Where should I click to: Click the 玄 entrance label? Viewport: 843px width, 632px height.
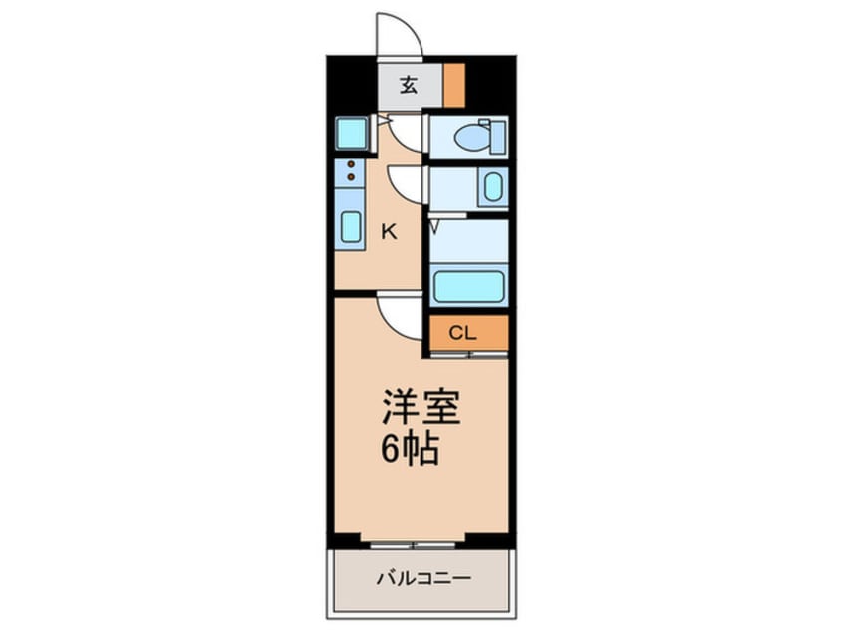[x=409, y=86]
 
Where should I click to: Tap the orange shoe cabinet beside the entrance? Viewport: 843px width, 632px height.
[x=455, y=86]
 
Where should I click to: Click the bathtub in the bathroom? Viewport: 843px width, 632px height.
[x=467, y=286]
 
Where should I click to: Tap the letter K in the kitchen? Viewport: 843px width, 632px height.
[x=390, y=232]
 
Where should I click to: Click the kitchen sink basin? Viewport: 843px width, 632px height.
[x=350, y=226]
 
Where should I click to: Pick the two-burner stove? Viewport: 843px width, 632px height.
[x=350, y=173]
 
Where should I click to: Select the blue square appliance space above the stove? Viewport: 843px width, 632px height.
[x=351, y=133]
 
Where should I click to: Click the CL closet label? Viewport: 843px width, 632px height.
[x=462, y=334]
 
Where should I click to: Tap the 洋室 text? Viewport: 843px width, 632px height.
[x=420, y=409]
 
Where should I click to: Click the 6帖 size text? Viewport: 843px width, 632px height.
[x=410, y=450]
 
